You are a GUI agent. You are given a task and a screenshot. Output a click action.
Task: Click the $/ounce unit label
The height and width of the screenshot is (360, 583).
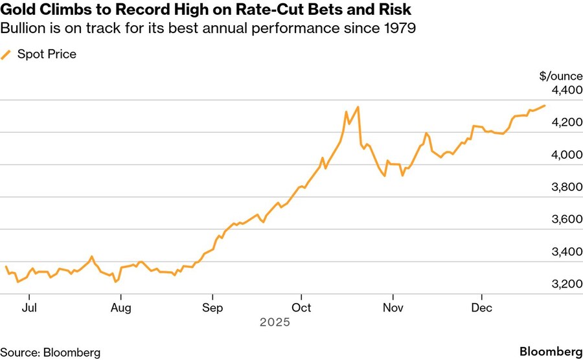click(x=560, y=76)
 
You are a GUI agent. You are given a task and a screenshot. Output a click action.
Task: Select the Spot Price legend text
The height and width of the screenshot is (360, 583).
click(x=47, y=54)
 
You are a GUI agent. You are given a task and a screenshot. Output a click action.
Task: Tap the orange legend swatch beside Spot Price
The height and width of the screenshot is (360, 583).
click(x=6, y=54)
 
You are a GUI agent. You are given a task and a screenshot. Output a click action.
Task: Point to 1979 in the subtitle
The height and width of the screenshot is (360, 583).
click(x=398, y=29)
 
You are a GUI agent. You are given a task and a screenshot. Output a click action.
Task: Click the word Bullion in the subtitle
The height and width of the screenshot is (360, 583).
click(x=21, y=29)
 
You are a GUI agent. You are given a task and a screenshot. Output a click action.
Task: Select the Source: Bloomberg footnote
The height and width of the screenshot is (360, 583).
click(x=51, y=352)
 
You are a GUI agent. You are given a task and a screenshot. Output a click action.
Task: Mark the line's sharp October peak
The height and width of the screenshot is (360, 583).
click(x=358, y=107)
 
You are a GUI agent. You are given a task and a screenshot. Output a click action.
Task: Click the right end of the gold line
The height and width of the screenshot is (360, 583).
click(x=545, y=106)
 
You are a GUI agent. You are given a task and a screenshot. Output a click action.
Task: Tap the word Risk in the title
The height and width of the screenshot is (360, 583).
click(x=396, y=11)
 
